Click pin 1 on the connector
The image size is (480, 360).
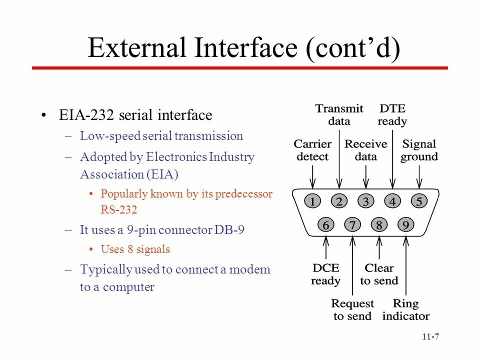[x=312, y=201]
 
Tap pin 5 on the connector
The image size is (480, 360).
[x=419, y=201]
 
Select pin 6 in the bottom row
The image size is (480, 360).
[x=325, y=225]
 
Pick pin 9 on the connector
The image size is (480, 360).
[x=406, y=225]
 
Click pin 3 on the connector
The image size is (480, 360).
[x=366, y=201]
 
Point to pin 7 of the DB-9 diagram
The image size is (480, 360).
[x=352, y=225]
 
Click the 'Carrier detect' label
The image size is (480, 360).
[x=312, y=150]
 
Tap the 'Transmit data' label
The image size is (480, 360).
[x=339, y=114]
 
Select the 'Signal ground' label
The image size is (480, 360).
[x=419, y=150]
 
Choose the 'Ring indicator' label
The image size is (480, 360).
[x=405, y=309]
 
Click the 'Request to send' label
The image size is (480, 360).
[x=352, y=309]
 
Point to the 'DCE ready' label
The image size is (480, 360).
[x=325, y=274]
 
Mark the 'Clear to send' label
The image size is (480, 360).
[x=379, y=274]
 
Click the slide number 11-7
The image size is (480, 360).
[x=430, y=336]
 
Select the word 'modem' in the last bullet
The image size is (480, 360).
[x=252, y=269]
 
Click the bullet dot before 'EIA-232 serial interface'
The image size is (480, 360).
[x=44, y=115]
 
